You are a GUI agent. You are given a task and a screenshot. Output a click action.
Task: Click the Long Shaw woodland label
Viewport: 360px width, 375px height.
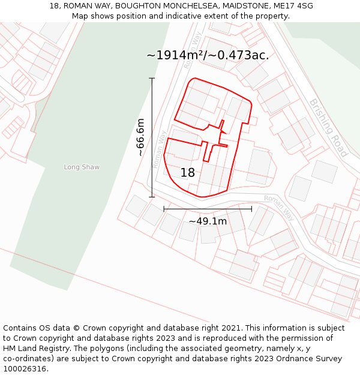point(82,167)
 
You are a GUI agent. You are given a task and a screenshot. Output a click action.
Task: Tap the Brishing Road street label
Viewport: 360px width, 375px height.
point(329,128)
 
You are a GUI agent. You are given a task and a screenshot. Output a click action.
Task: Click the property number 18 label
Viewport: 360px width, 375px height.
point(188,173)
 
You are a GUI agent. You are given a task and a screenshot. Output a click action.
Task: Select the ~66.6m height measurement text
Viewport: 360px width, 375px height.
point(140,137)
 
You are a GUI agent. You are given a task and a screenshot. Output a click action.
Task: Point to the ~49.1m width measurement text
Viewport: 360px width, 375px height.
point(208,221)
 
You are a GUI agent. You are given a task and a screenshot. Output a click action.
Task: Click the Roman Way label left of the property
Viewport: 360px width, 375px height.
point(158,149)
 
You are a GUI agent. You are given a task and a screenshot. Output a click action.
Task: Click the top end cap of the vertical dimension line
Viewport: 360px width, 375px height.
point(152,79)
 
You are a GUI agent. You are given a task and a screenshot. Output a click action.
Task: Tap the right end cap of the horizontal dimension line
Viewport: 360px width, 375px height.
point(251,209)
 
